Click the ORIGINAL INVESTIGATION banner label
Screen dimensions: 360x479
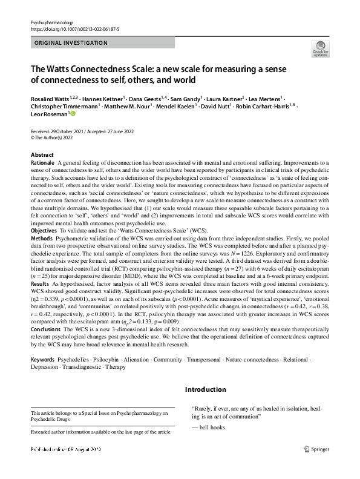pyautogui.click(x=71, y=43)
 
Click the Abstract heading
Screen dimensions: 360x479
pyautogui.click(x=42, y=155)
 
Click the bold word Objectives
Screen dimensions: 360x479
pyautogui.click(x=44, y=231)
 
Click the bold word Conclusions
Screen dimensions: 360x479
pyautogui.click(x=47, y=330)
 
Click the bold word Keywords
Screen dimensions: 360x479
pyautogui.click(x=43, y=360)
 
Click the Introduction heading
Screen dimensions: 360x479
pyautogui.click(x=206, y=389)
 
